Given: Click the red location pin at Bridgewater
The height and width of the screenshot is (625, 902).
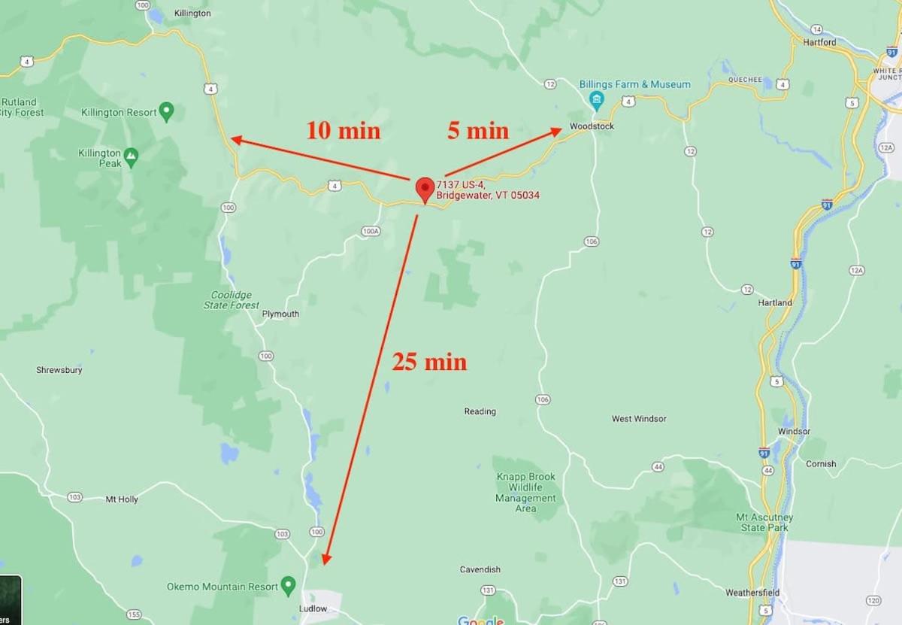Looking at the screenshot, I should (425, 188).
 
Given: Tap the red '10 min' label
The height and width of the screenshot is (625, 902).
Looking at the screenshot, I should (343, 131).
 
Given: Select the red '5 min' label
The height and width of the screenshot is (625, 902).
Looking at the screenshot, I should (478, 131).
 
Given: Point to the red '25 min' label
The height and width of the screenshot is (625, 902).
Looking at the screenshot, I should (429, 363).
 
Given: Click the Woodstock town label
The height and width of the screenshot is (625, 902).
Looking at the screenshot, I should (592, 126).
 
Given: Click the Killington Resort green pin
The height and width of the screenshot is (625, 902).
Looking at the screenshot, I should (167, 112).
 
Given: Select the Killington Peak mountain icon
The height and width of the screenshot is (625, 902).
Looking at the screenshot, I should (132, 157).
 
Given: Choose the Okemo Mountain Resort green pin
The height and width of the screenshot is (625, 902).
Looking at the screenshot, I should (288, 586).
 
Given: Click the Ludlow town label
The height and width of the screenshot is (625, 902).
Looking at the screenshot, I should (313, 608).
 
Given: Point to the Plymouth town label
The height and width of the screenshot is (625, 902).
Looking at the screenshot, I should (280, 314).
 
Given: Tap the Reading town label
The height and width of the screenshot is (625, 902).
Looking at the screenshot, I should (480, 411).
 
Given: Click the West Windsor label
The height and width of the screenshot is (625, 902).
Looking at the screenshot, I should (639, 419).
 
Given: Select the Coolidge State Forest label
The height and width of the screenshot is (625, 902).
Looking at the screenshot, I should (232, 300).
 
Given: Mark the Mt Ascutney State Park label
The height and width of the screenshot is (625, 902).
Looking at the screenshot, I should (764, 523).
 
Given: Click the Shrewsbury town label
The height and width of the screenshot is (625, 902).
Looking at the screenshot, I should (59, 370).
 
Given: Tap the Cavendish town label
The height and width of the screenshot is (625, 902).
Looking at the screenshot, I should (480, 569).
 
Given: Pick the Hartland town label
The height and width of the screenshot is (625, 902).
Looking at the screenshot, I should (775, 303).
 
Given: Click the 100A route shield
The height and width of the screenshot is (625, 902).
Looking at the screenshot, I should (370, 232).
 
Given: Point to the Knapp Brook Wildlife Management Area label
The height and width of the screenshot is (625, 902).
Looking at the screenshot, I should (525, 493).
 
